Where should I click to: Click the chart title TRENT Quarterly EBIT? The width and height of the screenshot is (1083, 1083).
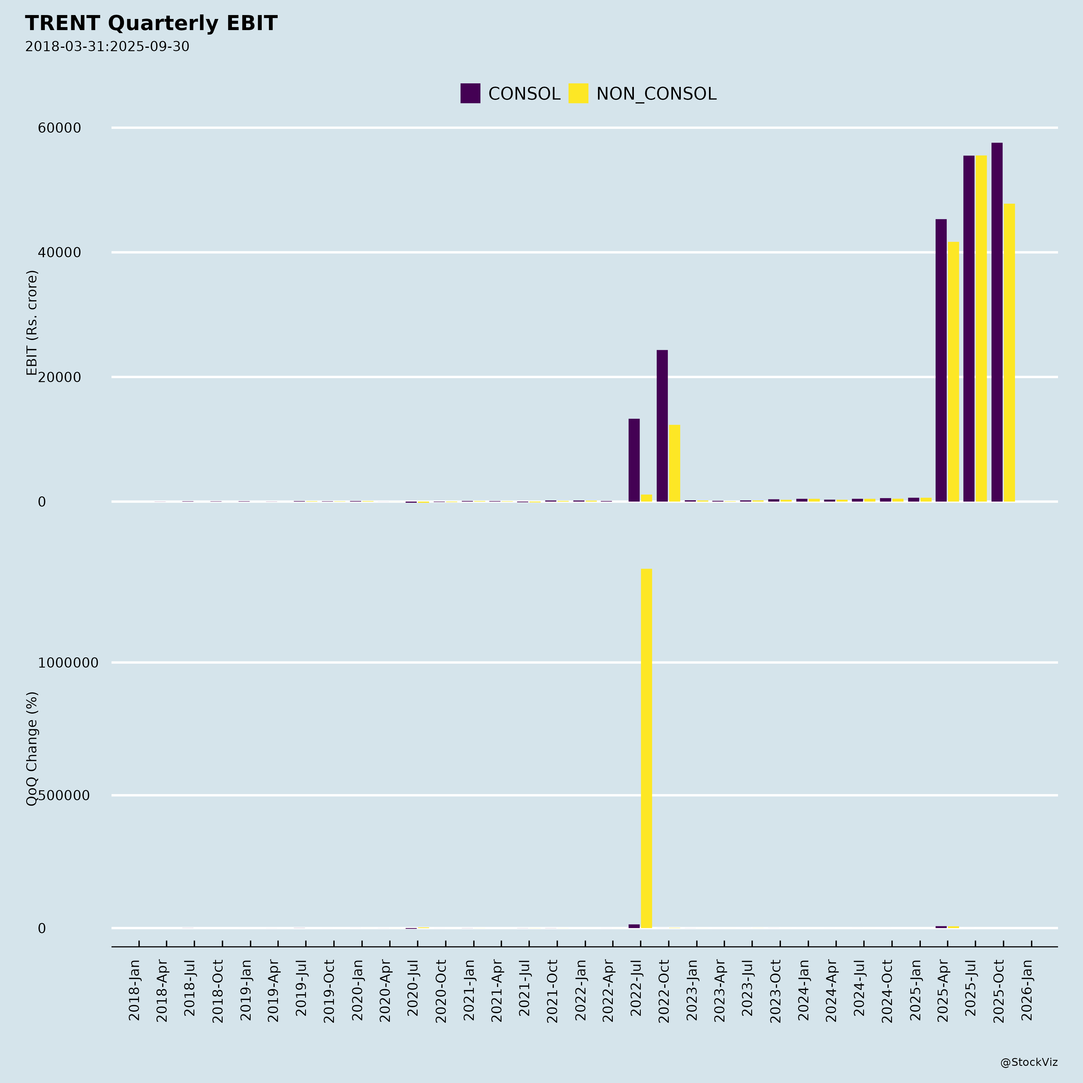[x=151, y=23]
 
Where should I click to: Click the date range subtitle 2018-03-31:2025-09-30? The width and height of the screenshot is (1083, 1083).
[x=107, y=47]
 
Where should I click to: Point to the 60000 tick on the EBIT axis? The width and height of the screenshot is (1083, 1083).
[x=60, y=128]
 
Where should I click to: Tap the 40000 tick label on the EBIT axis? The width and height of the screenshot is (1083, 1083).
[x=60, y=252]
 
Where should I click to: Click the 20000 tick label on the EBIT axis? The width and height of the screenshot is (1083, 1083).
[x=60, y=377]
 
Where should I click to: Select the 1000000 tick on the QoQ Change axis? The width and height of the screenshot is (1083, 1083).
[x=68, y=662]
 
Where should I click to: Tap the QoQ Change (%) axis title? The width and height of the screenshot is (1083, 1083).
[x=32, y=748]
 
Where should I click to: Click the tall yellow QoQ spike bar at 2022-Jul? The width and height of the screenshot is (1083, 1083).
[x=646, y=748]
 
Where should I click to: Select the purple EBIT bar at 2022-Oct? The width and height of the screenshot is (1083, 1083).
[x=662, y=426]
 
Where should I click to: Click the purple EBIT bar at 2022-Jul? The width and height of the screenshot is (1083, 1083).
[x=634, y=460]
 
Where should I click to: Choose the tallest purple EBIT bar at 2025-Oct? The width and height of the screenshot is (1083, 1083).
[x=997, y=322]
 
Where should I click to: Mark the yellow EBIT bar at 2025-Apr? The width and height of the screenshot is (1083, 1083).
[x=954, y=372]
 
